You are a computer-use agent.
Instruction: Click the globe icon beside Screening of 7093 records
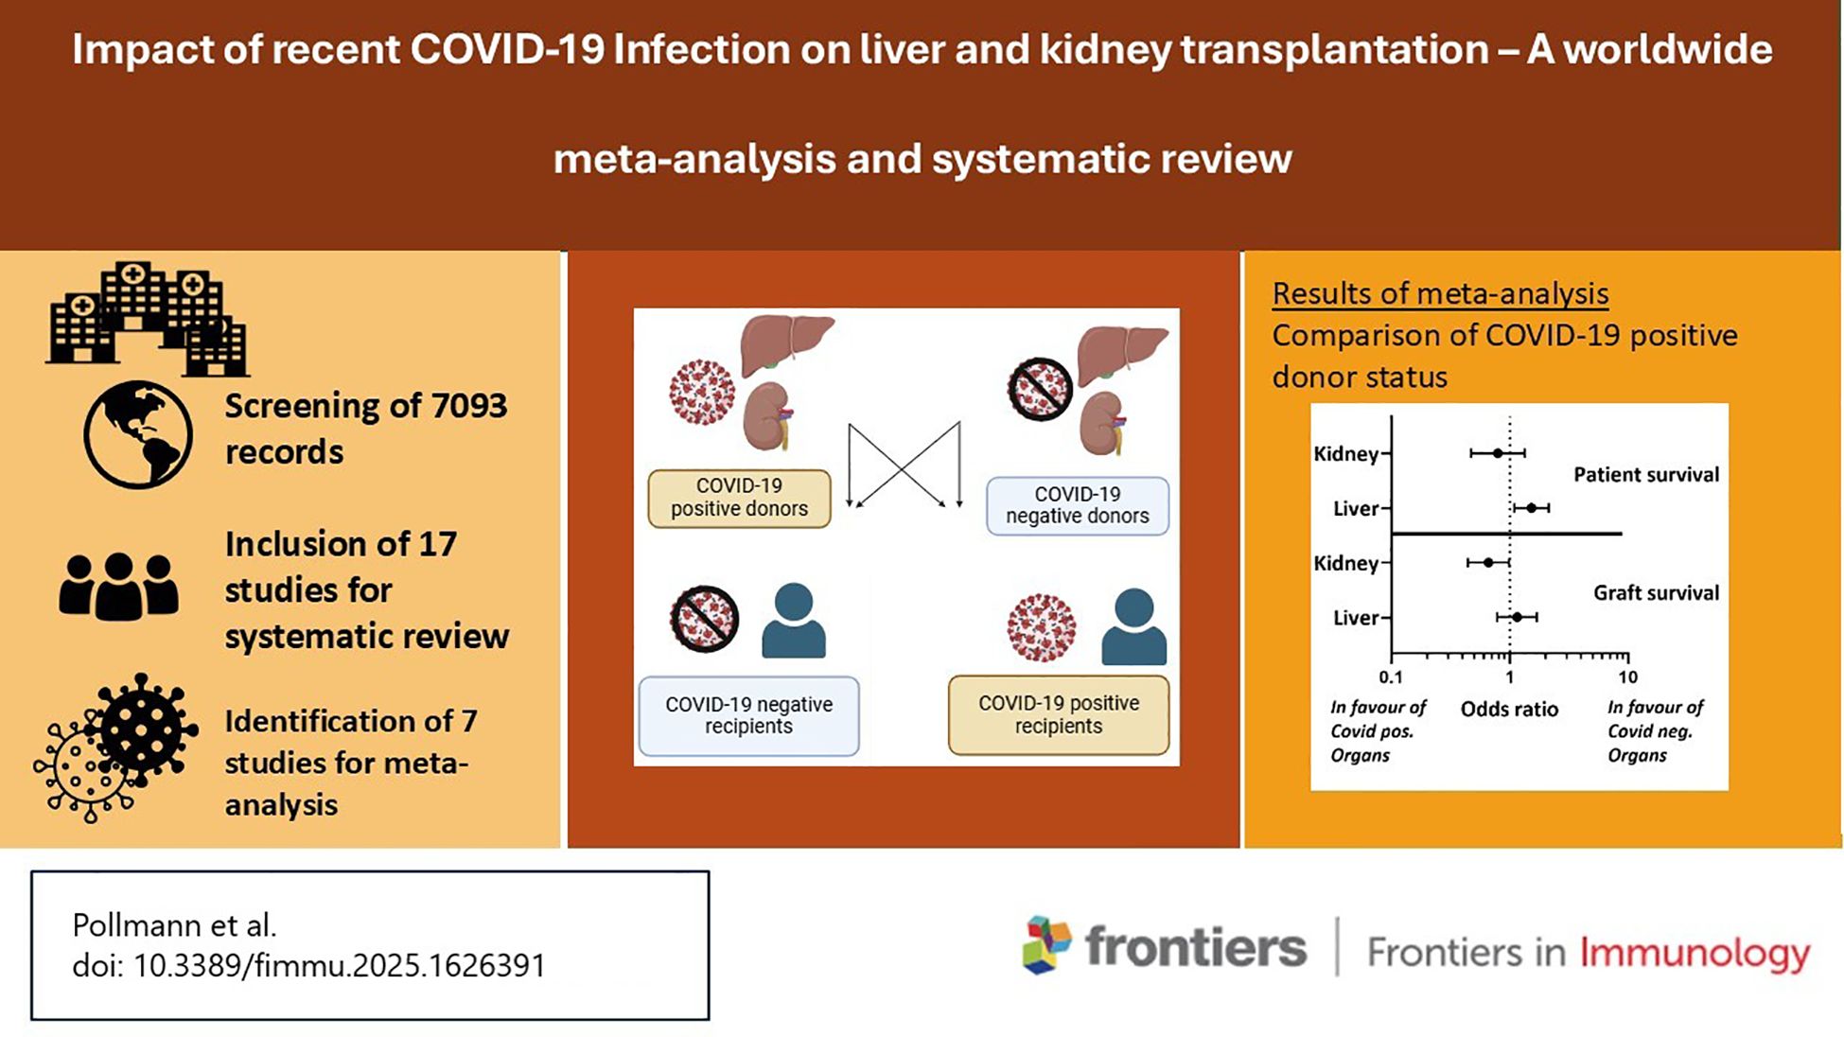point(138,434)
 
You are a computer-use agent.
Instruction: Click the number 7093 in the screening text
point(469,406)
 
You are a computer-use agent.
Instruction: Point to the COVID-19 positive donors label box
point(739,498)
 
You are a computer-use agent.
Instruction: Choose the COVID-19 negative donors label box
point(1077,505)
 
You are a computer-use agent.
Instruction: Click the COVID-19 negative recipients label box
point(748,715)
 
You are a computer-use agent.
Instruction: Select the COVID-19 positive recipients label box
point(1058,714)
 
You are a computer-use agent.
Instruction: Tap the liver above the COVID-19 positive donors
point(785,344)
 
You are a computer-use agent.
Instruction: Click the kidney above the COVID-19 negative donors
point(1103,422)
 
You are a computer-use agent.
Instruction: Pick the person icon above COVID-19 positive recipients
point(1133,626)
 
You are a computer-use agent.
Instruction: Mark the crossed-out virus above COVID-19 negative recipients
point(704,619)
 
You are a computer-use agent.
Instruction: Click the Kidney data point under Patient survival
point(1497,453)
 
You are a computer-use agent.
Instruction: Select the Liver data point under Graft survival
point(1517,617)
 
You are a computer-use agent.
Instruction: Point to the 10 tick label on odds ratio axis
point(1627,677)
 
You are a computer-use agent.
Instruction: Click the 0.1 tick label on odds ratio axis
point(1391,677)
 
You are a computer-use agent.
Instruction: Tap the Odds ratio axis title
point(1509,709)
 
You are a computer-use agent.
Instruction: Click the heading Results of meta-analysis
point(1440,293)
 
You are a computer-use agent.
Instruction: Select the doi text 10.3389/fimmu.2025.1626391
point(340,965)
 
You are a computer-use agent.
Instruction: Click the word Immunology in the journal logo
point(1695,953)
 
